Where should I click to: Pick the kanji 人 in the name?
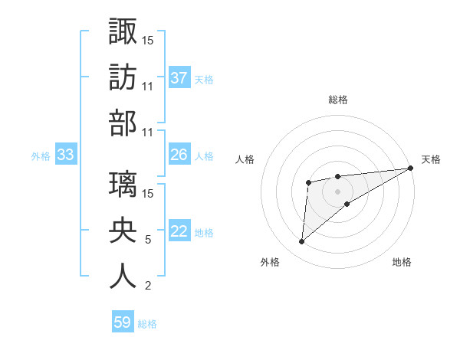[123, 277]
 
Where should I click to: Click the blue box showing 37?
[179, 77]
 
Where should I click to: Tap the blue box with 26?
[179, 155]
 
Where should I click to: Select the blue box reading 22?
[179, 232]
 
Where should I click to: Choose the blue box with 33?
[65, 155]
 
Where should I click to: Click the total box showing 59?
[123, 322]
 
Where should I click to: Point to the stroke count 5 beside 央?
[147, 240]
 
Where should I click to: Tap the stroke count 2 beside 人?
[147, 286]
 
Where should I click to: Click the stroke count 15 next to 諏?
[148, 39]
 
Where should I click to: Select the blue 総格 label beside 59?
[147, 324]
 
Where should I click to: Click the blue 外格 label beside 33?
[41, 156]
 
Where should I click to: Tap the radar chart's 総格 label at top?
[338, 100]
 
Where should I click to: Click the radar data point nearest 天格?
[411, 168]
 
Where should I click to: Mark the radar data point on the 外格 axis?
[301, 242]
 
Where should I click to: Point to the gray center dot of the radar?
[337, 190]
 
